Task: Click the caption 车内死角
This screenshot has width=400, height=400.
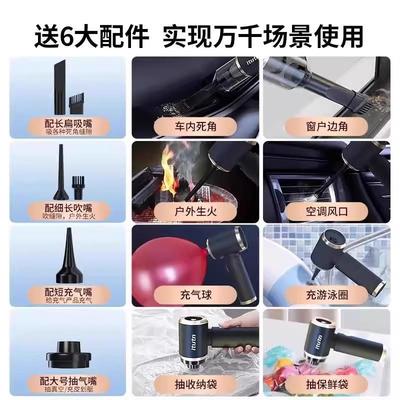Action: pos(193,128)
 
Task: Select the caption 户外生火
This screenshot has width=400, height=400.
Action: pos(193,213)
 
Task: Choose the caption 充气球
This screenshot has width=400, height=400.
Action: pos(193,297)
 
